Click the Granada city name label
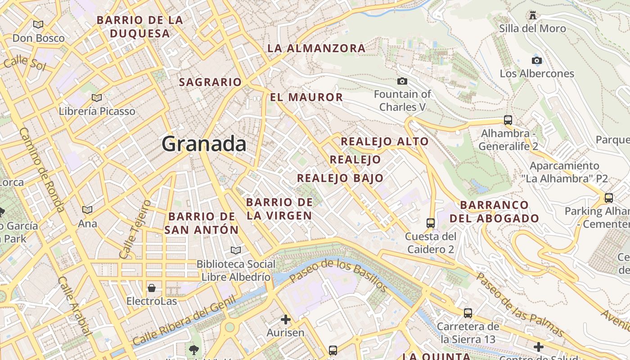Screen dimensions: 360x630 [x=204, y=144]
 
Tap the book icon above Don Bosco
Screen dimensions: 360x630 [x=38, y=24]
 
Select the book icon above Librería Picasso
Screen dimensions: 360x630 [x=96, y=98]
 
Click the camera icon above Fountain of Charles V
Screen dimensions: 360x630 [x=402, y=81]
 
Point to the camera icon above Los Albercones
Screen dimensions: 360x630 [x=536, y=60]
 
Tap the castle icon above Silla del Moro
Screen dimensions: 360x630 [x=533, y=16]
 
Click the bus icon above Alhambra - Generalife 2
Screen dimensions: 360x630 [x=508, y=120]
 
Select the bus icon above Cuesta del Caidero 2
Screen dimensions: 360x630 [x=430, y=223]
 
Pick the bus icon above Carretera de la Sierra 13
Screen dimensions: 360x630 [x=468, y=313]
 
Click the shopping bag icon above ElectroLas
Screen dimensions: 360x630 [x=152, y=288]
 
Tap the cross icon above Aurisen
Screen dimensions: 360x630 [x=285, y=319]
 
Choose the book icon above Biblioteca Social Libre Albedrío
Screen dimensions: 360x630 [x=236, y=250]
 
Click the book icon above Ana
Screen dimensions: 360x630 [x=87, y=210]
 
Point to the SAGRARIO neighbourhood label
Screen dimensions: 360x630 [x=210, y=82]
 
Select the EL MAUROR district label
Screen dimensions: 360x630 [x=306, y=97]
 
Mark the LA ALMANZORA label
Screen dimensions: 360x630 [x=316, y=48]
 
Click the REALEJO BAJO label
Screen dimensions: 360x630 [x=340, y=178]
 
